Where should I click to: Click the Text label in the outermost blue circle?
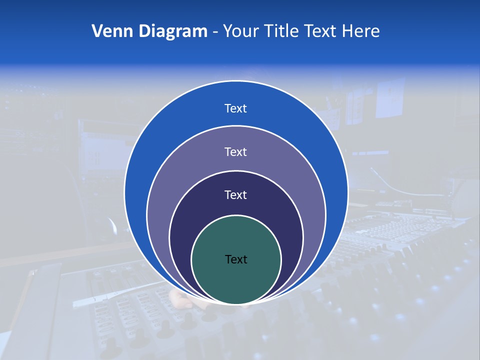pos(235,108)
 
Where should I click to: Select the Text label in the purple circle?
pos(235,151)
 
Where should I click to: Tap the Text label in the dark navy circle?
pos(235,194)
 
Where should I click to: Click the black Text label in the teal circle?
pos(236,259)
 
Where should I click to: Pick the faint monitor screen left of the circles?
pos(102,150)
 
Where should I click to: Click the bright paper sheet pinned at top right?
pos(390,97)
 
